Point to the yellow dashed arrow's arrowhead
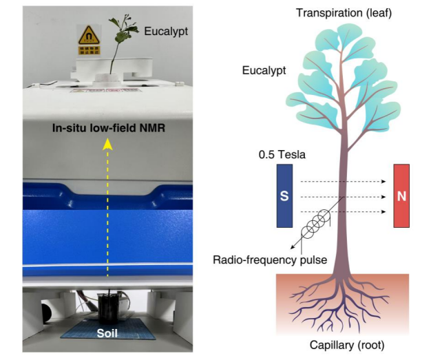(x=107, y=143)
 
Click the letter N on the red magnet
(x=402, y=196)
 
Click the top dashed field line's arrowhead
(x=382, y=182)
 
